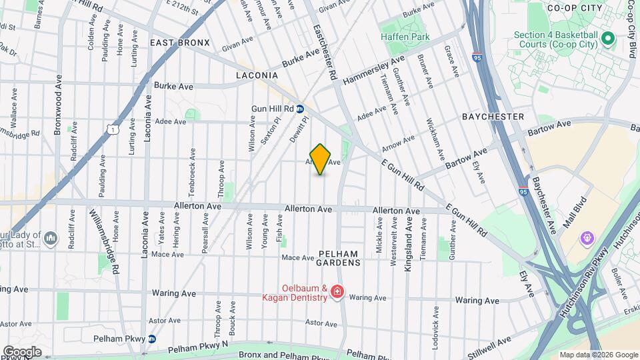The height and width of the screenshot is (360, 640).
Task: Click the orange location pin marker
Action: tap(321, 159)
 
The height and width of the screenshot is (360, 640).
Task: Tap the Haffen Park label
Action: tap(404, 37)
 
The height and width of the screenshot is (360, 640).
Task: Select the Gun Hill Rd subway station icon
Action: tap(301, 109)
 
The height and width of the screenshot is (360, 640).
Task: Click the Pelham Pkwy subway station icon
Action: tap(152, 339)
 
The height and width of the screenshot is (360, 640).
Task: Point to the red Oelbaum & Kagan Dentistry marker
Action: tap(337, 292)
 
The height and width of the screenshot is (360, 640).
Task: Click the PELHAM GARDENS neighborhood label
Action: tap(339, 258)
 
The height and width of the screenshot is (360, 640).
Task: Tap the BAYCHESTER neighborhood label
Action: tap(493, 117)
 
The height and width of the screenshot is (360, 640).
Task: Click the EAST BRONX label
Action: tap(179, 43)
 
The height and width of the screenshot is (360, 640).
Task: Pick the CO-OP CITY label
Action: tap(574, 8)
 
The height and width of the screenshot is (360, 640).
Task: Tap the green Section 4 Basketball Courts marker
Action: tap(607, 38)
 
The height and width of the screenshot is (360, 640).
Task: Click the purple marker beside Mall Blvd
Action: tap(587, 237)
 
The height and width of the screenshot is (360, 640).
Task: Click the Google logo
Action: tap(21, 351)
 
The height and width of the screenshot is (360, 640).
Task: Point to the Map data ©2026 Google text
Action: tap(598, 355)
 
